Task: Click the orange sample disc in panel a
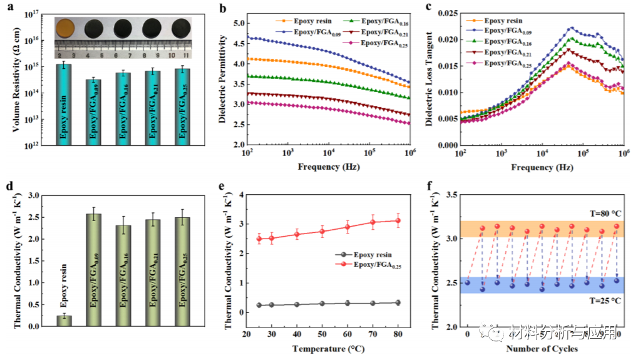point(66,28)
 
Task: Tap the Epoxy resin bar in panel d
point(64,321)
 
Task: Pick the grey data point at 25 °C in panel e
point(259,305)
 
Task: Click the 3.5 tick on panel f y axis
point(449,195)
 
